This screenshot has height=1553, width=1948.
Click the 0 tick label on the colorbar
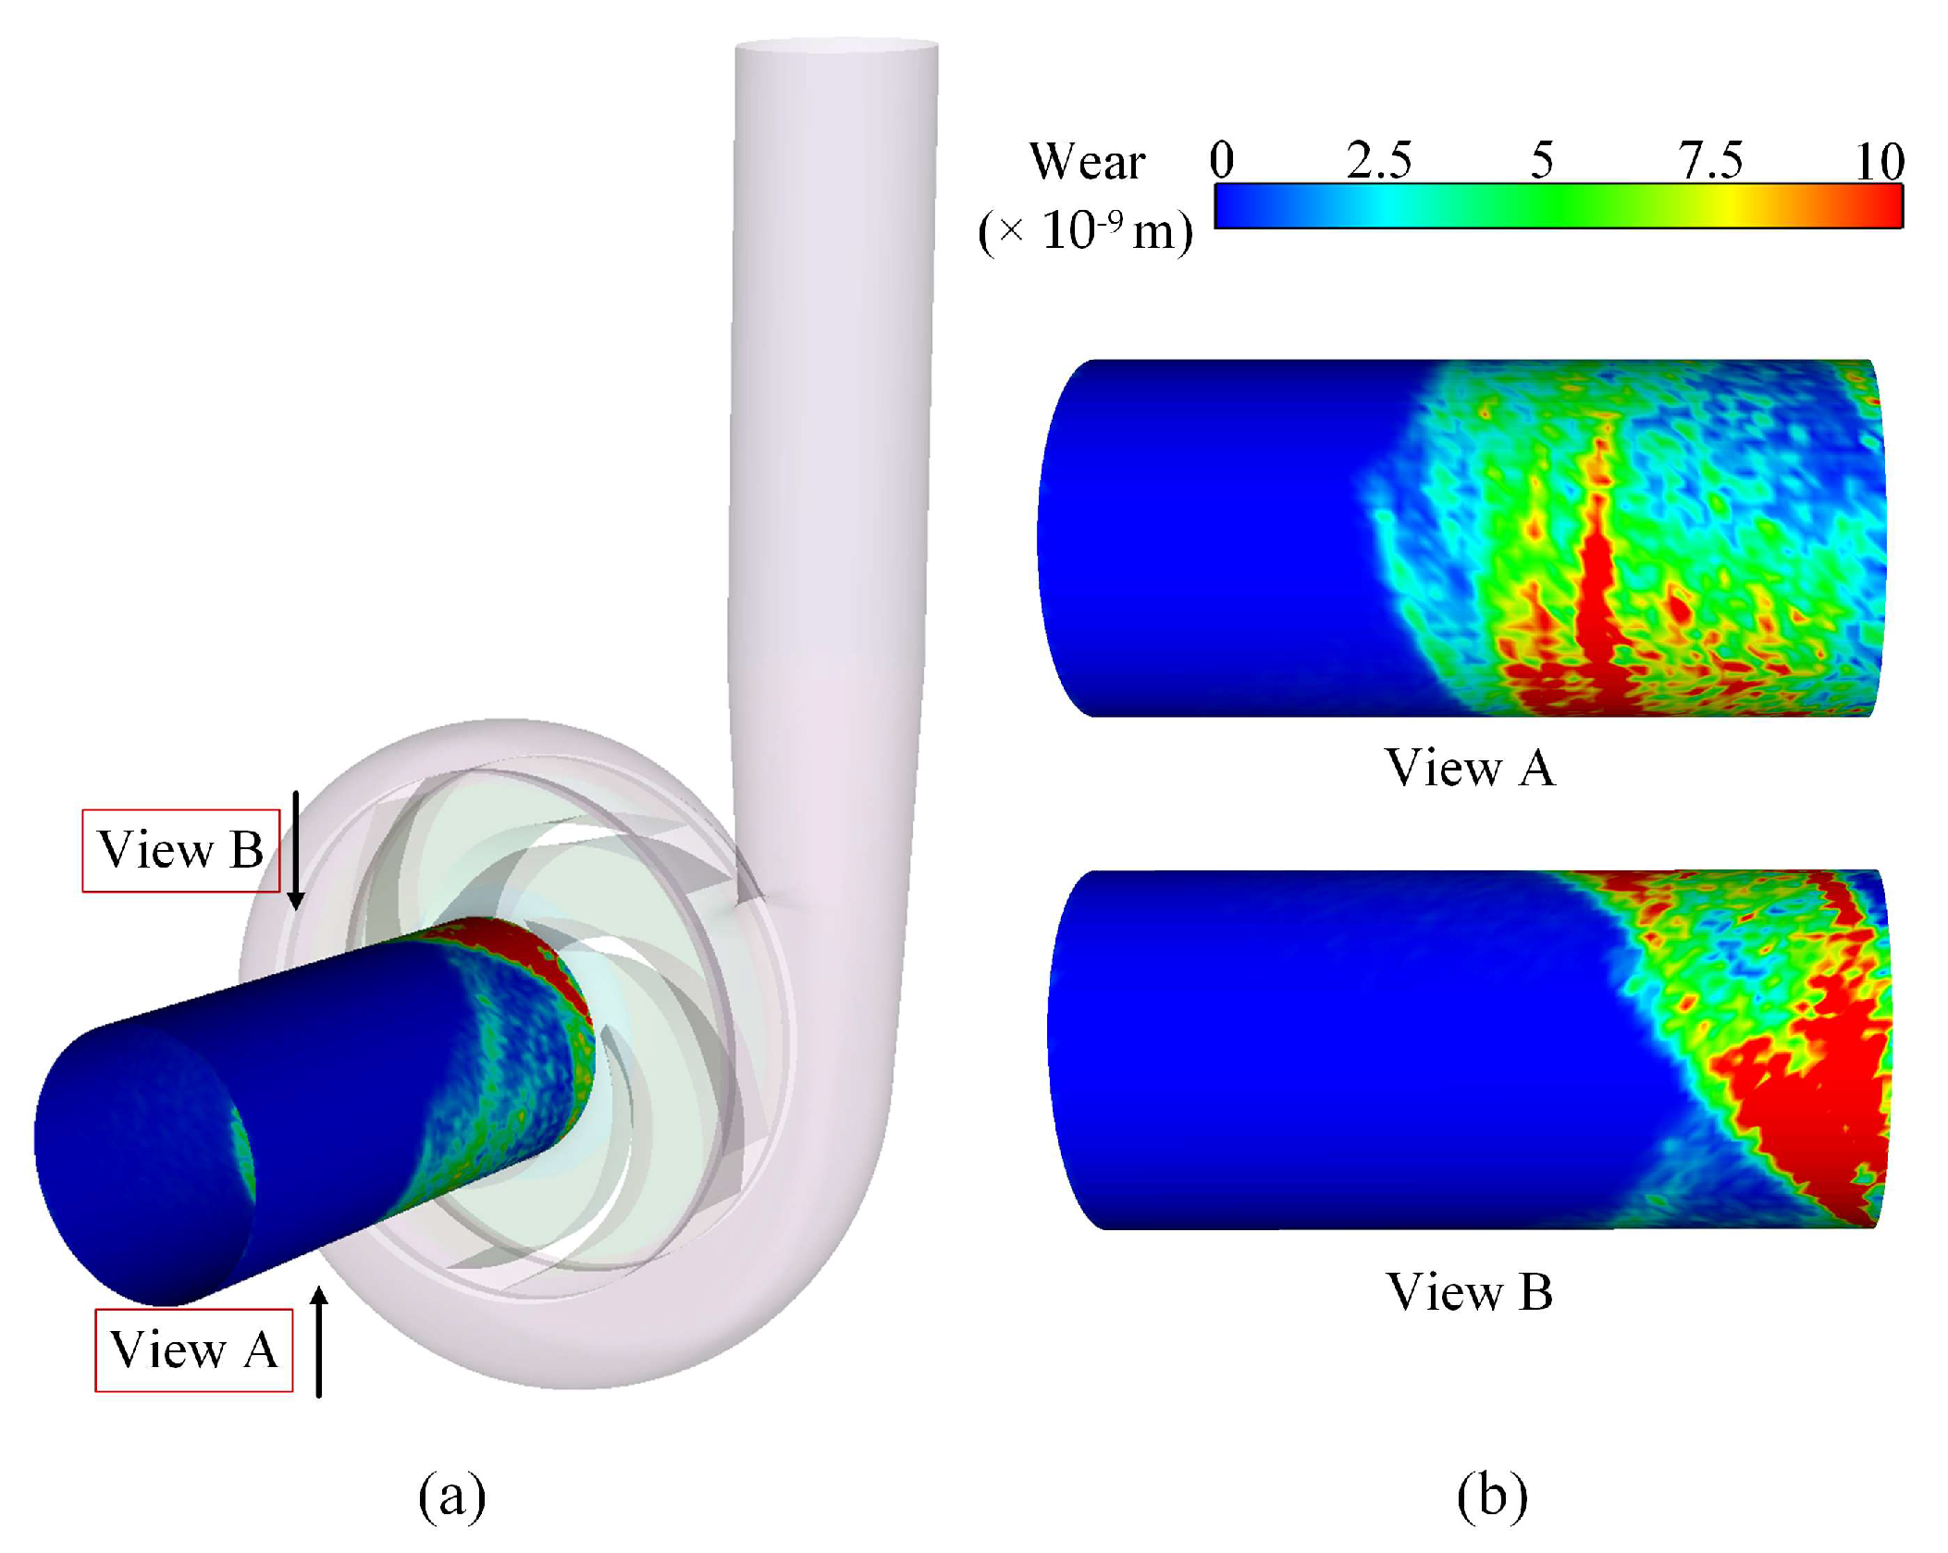[x=1221, y=160]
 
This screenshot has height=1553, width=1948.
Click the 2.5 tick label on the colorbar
[x=1378, y=160]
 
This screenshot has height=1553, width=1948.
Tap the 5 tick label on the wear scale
[x=1541, y=160]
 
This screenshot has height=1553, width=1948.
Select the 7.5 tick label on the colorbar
[x=1710, y=160]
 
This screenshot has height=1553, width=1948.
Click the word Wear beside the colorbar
[x=1087, y=162]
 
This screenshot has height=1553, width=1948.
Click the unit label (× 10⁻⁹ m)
[x=1085, y=230]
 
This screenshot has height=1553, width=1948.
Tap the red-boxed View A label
[x=193, y=1350]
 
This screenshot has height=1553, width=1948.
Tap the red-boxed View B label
[x=180, y=850]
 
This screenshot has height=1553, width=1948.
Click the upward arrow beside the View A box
[x=319, y=1340]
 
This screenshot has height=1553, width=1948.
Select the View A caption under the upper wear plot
[x=1470, y=768]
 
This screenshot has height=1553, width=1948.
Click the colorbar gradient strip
[x=1558, y=205]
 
